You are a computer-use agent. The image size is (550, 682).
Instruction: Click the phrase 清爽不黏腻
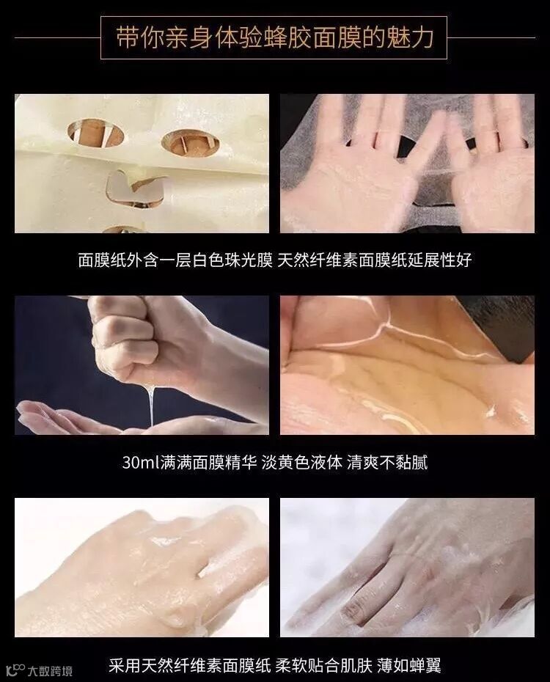[x=387, y=462]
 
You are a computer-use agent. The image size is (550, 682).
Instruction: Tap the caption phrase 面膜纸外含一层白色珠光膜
[x=175, y=260]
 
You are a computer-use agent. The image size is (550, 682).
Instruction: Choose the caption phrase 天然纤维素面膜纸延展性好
[x=374, y=260]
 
